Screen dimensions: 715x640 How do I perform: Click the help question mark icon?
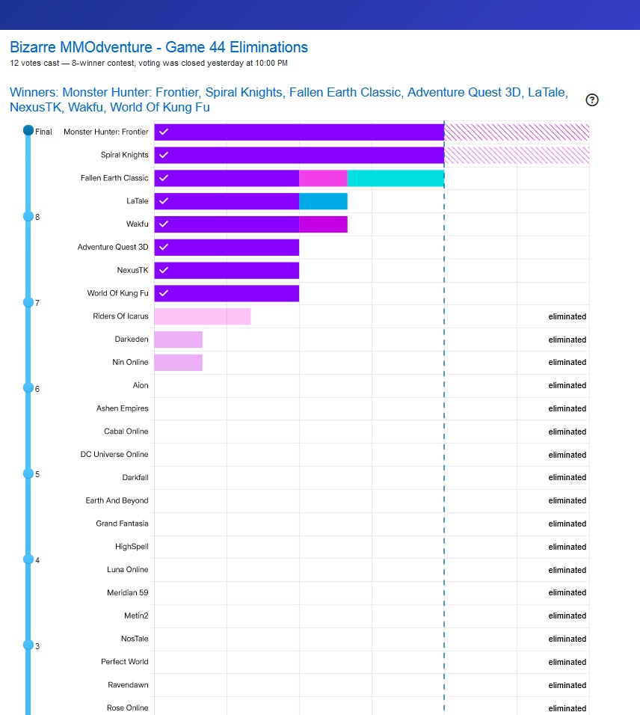click(592, 100)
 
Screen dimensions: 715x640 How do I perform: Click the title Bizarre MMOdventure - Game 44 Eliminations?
click(159, 47)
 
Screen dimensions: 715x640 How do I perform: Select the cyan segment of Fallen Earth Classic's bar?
click(396, 178)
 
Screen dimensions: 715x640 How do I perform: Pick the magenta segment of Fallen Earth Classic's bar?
click(323, 178)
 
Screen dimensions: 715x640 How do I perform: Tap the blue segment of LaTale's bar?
click(323, 201)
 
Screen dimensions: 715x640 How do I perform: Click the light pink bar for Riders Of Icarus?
click(203, 316)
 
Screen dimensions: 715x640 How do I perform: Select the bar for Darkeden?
click(179, 340)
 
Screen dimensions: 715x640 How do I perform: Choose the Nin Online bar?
click(179, 363)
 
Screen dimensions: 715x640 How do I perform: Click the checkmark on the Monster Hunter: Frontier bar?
click(164, 132)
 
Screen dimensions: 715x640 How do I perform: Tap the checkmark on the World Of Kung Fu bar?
click(164, 293)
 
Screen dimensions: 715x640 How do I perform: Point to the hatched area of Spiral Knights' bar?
click(517, 155)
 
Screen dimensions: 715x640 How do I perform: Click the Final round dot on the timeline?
click(28, 131)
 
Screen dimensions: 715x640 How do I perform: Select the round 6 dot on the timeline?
click(28, 388)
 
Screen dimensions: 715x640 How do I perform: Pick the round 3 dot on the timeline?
click(28, 645)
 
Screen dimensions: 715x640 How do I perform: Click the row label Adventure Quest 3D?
click(113, 247)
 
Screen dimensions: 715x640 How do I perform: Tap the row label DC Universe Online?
click(114, 454)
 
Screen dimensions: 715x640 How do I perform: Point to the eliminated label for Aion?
click(567, 385)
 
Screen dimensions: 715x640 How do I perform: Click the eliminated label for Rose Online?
click(567, 708)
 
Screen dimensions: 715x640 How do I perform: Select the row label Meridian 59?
click(127, 592)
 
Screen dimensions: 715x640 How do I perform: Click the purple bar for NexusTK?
click(227, 270)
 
